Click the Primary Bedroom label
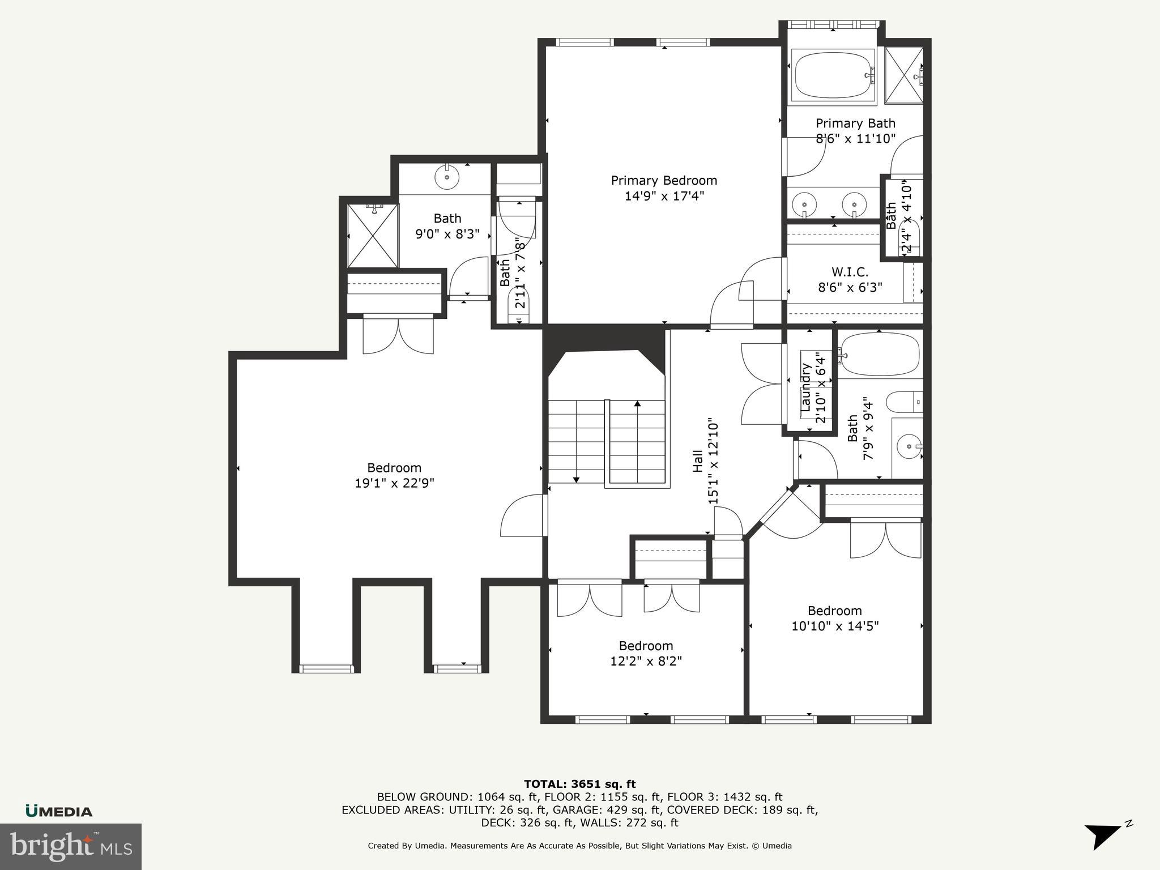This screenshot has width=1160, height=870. pyautogui.click(x=664, y=181)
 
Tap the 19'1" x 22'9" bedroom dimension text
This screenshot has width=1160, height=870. pyautogui.click(x=394, y=483)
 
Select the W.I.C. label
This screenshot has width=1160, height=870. pyautogui.click(x=850, y=272)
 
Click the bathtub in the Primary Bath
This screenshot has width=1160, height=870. pyautogui.click(x=833, y=76)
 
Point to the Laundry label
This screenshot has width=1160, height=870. pyautogui.click(x=806, y=387)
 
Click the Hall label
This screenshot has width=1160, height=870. pyautogui.click(x=698, y=460)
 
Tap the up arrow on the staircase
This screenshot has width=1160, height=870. pyautogui.click(x=637, y=404)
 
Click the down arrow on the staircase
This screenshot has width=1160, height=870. pyautogui.click(x=576, y=479)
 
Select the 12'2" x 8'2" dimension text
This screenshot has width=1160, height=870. pyautogui.click(x=646, y=661)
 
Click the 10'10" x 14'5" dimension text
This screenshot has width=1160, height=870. pyautogui.click(x=835, y=626)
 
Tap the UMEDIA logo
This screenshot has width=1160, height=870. pyautogui.click(x=59, y=812)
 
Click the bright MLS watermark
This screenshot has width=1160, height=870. pyautogui.click(x=71, y=846)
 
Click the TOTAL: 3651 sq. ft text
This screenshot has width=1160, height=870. pyautogui.click(x=579, y=784)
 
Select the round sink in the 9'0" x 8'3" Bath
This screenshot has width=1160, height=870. pyautogui.click(x=447, y=178)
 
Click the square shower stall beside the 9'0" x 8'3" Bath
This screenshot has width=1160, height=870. pyautogui.click(x=373, y=236)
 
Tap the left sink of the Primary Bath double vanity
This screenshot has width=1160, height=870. pyautogui.click(x=803, y=203)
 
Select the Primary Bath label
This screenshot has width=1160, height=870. pyautogui.click(x=855, y=123)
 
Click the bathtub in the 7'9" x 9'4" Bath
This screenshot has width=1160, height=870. pyautogui.click(x=880, y=354)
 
